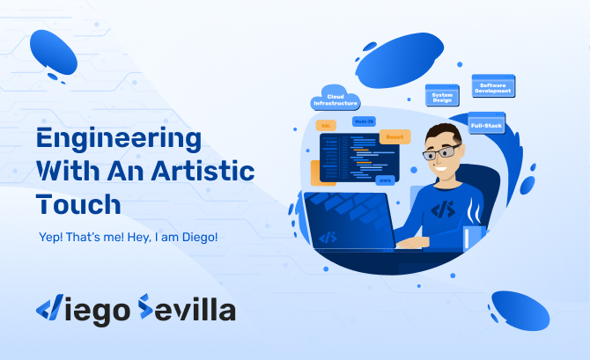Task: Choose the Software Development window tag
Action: [x=493, y=86]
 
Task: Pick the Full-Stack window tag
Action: [x=486, y=126]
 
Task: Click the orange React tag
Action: [x=394, y=137]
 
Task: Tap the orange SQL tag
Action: [x=326, y=126]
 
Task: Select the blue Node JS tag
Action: [x=364, y=120]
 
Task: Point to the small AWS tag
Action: [x=384, y=180]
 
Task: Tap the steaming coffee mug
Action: [x=475, y=236]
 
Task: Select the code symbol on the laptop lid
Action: [x=328, y=237]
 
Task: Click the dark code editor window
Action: [x=357, y=158]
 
